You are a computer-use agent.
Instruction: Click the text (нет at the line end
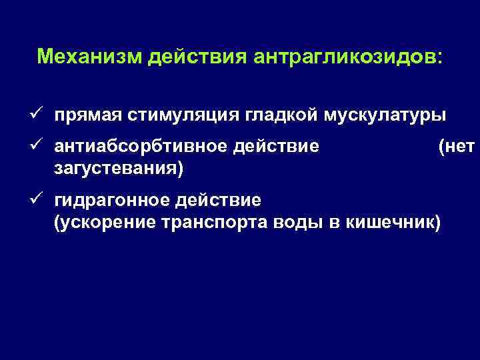coord(457,145)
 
